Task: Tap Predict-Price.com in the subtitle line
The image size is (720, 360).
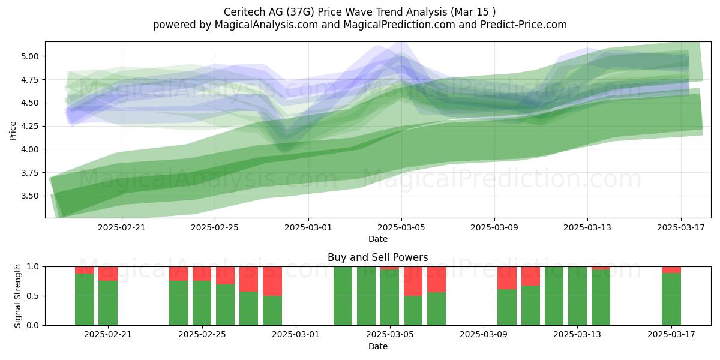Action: click(x=524, y=25)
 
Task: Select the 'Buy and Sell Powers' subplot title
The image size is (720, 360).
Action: click(x=377, y=257)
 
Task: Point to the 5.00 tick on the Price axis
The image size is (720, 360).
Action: click(x=29, y=56)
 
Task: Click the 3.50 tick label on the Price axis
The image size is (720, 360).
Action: click(x=29, y=196)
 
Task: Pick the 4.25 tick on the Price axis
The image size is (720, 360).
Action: click(x=29, y=127)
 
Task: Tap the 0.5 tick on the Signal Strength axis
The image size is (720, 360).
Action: click(x=33, y=296)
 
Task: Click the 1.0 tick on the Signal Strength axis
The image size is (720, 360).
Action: click(x=33, y=267)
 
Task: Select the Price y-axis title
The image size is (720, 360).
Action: click(x=13, y=131)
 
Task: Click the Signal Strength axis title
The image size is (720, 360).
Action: click(x=17, y=296)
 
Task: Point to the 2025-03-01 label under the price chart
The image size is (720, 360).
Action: click(x=308, y=227)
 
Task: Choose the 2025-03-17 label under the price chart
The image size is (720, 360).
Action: click(x=681, y=227)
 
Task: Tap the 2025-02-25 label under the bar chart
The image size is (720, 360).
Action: click(x=202, y=335)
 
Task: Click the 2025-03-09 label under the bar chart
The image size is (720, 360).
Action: click(x=484, y=335)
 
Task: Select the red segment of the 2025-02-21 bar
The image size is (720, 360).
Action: click(x=108, y=274)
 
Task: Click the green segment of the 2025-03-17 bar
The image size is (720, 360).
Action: click(x=671, y=299)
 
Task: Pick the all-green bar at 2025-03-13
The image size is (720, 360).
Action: click(x=577, y=296)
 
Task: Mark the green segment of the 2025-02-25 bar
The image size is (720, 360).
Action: click(x=202, y=303)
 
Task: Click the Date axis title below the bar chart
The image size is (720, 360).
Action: click(x=377, y=347)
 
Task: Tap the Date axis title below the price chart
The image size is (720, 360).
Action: click(x=377, y=239)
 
